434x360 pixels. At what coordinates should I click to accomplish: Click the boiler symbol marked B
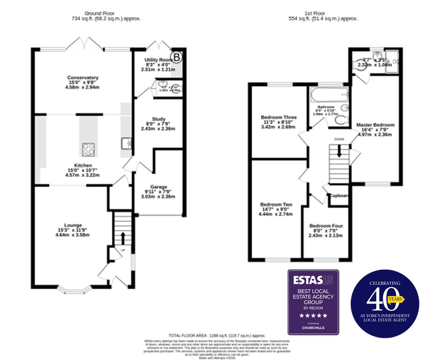[x=175, y=56]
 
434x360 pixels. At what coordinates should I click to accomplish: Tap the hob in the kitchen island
[x=88, y=149]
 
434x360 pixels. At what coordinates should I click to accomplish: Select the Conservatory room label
[x=80, y=78]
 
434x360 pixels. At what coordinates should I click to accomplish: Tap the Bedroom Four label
[x=326, y=226]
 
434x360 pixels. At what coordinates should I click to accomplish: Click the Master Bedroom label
[x=375, y=125]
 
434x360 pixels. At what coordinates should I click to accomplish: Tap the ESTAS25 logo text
[x=313, y=280]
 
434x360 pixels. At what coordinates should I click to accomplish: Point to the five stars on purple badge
[x=313, y=316]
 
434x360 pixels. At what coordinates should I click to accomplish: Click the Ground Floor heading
[x=99, y=14]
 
